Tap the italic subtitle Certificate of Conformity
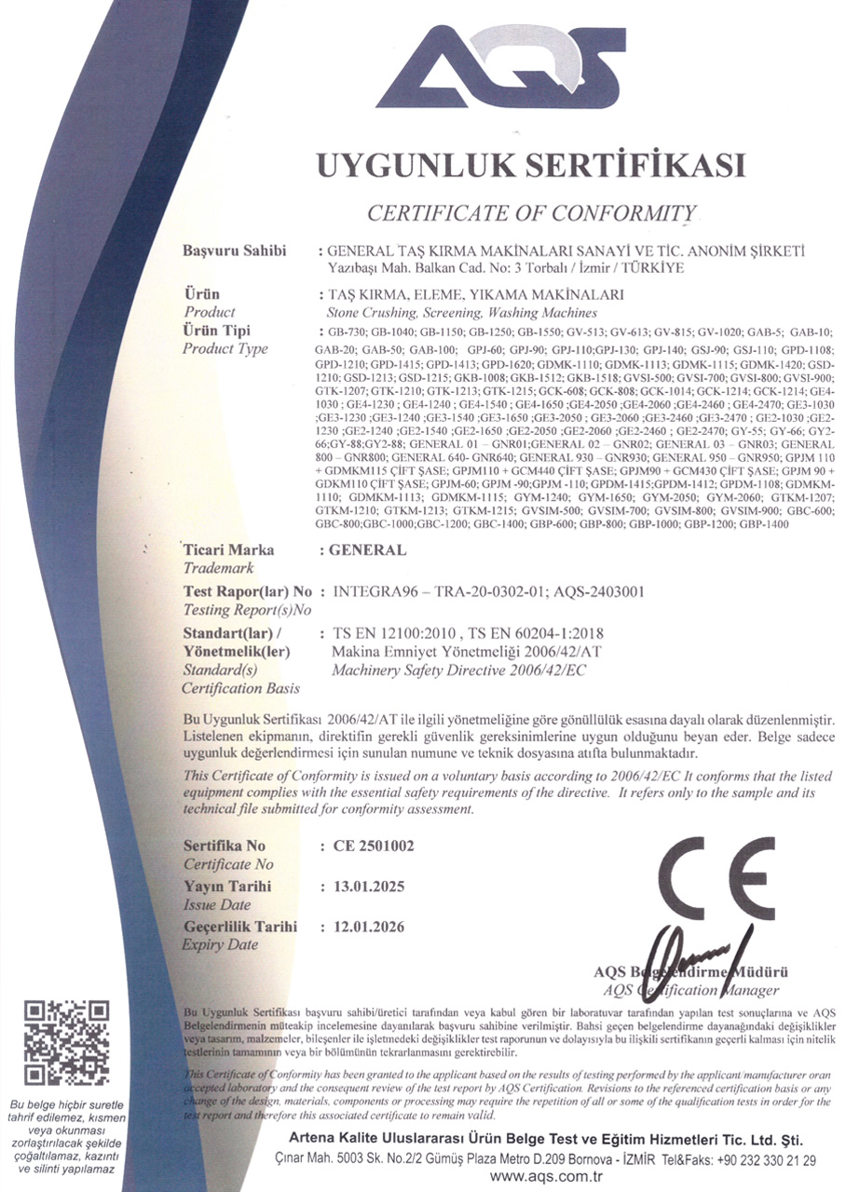click(x=532, y=213)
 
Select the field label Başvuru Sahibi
click(x=235, y=251)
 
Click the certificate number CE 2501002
click(x=373, y=847)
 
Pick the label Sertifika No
click(x=225, y=847)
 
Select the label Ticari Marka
click(x=228, y=549)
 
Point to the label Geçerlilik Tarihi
click(x=240, y=927)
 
